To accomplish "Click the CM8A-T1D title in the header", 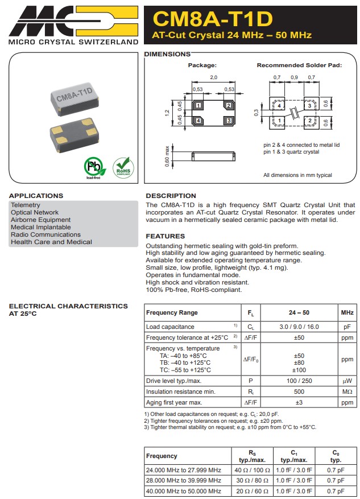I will click(x=213, y=19).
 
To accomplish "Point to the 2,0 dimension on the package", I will click(x=213, y=78).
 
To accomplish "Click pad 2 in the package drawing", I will click(x=229, y=105).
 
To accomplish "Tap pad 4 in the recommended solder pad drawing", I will click(x=279, y=105).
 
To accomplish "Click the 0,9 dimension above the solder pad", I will click(x=293, y=77).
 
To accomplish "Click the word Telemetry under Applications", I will click(x=26, y=205).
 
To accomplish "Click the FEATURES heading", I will click(x=165, y=236).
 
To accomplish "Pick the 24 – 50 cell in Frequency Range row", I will click(x=299, y=312).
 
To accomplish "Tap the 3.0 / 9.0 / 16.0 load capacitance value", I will click(x=299, y=327).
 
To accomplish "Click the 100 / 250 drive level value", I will click(x=299, y=381).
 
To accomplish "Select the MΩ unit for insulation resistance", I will click(x=347, y=391).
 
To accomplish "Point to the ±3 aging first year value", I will click(x=299, y=402).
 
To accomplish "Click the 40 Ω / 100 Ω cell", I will click(x=252, y=469).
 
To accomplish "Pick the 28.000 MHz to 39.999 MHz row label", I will click(x=183, y=480).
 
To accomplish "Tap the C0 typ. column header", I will click(x=336, y=456).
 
